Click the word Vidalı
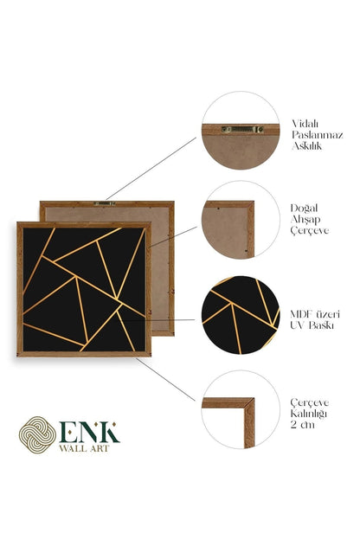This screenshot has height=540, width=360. click(305, 123)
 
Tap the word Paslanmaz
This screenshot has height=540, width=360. click(318, 135)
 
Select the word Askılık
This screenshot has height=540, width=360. click(306, 146)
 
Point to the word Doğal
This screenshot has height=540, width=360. click(304, 209)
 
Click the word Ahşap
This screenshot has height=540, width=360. click(305, 220)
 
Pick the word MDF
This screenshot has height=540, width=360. click(302, 314)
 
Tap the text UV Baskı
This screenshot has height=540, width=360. click(312, 325)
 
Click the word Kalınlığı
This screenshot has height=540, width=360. click(308, 414)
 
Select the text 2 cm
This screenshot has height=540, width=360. click(303, 425)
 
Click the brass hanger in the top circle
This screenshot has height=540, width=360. click(242, 129)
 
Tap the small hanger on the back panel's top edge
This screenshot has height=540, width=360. click(105, 203)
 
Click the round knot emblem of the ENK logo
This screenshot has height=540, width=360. click(37, 434)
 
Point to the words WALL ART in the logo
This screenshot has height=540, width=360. click(84, 448)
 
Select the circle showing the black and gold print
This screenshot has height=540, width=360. click(241, 315)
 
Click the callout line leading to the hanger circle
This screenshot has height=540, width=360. click(151, 169)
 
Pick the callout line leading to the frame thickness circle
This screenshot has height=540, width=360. click(165, 380)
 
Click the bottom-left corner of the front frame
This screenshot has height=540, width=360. click(17, 356)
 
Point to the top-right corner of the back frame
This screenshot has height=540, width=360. click(173, 202)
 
